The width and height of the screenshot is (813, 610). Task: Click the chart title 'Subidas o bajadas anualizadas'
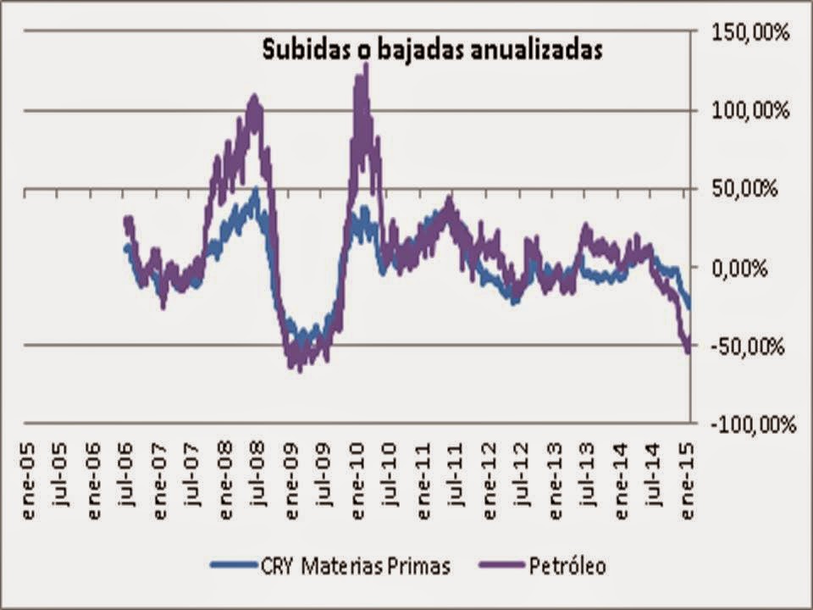coord(432,48)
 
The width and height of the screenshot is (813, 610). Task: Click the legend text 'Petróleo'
coord(567,565)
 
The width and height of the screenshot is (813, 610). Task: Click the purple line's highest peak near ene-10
coord(365,65)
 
